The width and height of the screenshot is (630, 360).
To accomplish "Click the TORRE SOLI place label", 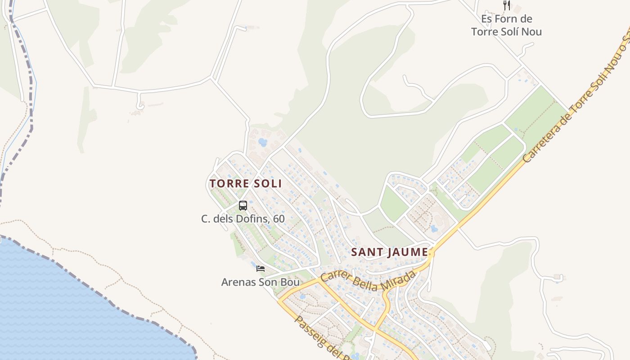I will pos(246,184).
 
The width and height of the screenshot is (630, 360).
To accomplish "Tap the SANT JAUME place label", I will pos(389,252).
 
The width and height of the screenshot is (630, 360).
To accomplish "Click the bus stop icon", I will pos(243,206).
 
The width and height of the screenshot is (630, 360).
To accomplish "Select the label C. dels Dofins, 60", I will pos(243,219).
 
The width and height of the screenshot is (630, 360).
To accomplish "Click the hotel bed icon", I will pos(261,269).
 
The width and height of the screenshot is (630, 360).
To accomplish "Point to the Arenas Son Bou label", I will pos(260,282).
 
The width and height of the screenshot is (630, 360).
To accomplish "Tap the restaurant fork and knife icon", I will pos(507,5).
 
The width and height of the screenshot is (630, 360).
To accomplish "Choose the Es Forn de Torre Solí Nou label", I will pos(506,25).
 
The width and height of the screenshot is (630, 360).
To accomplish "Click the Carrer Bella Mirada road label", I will pos(368,281).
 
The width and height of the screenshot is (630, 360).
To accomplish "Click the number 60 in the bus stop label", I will pos(279,219).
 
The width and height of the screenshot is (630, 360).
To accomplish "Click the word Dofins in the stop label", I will pos(256,219).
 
